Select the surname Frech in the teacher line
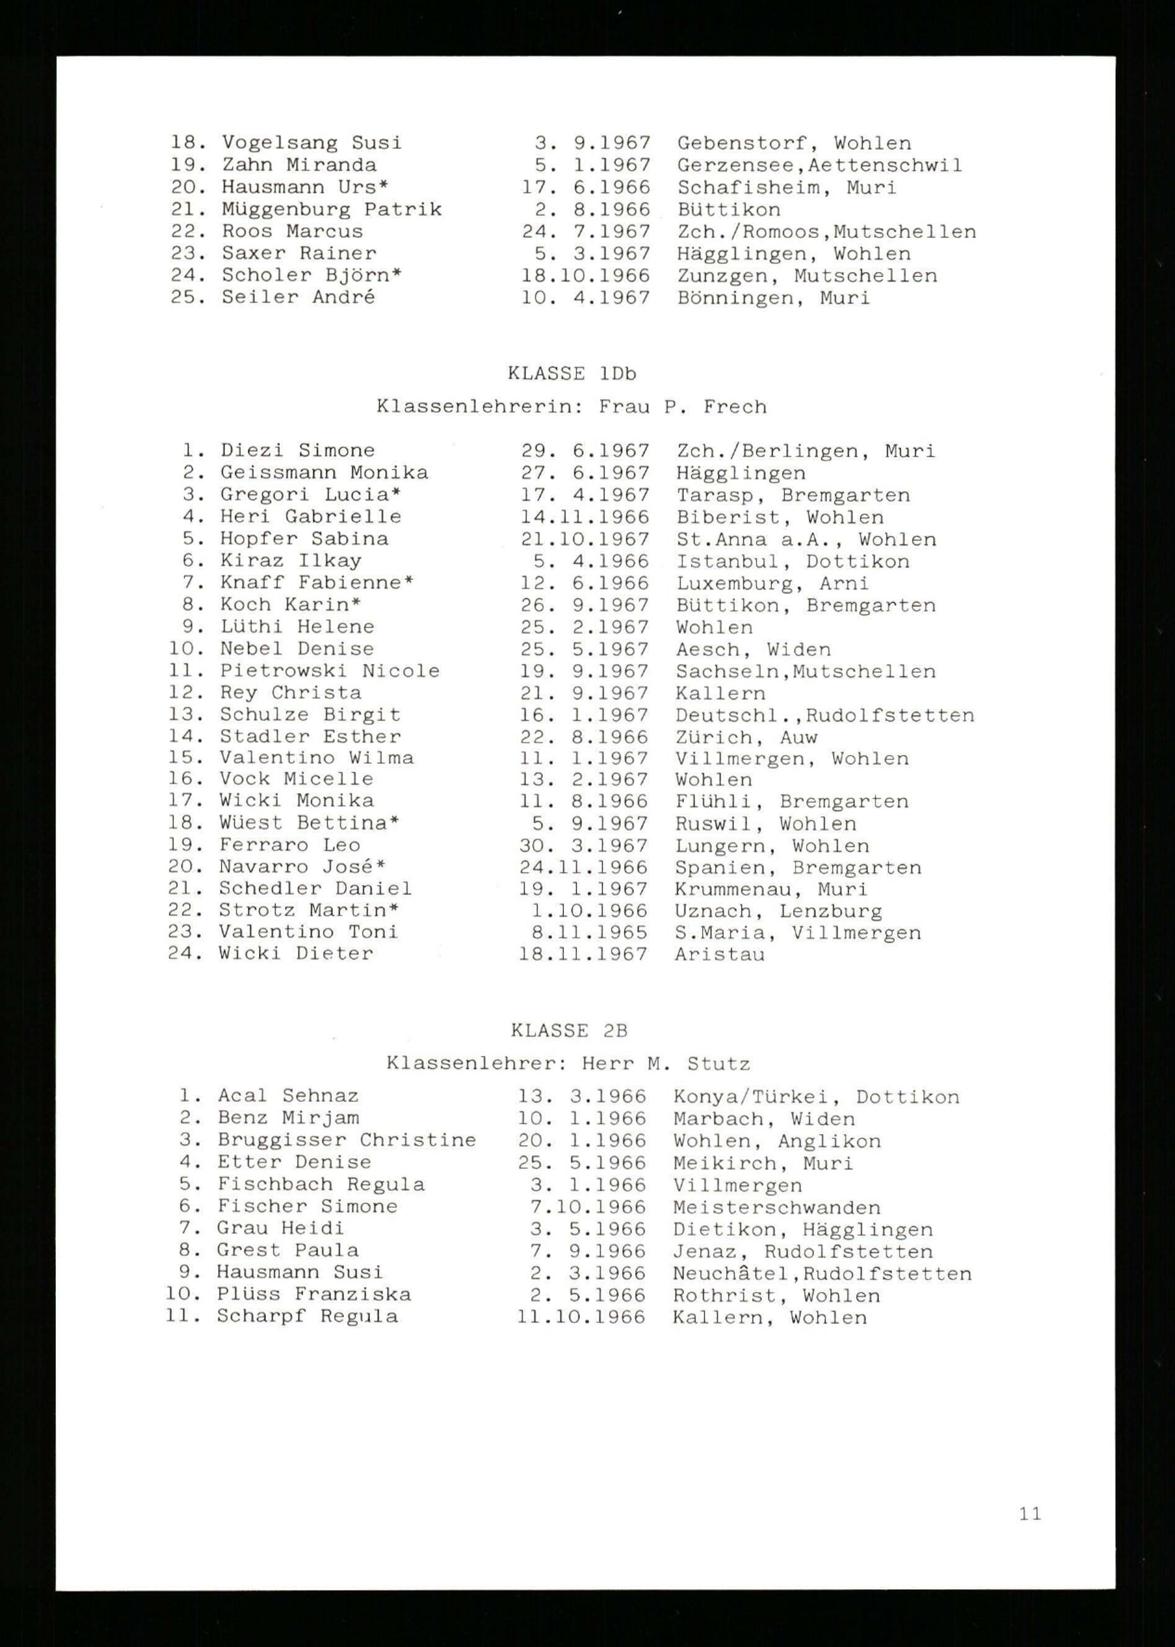click(x=734, y=407)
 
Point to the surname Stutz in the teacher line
click(x=719, y=1064)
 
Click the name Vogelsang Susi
click(x=312, y=143)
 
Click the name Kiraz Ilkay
click(x=291, y=561)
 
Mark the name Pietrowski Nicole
click(x=330, y=671)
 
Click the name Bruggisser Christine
click(x=347, y=1141)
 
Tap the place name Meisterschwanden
click(x=776, y=1207)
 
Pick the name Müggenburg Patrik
click(x=331, y=210)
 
